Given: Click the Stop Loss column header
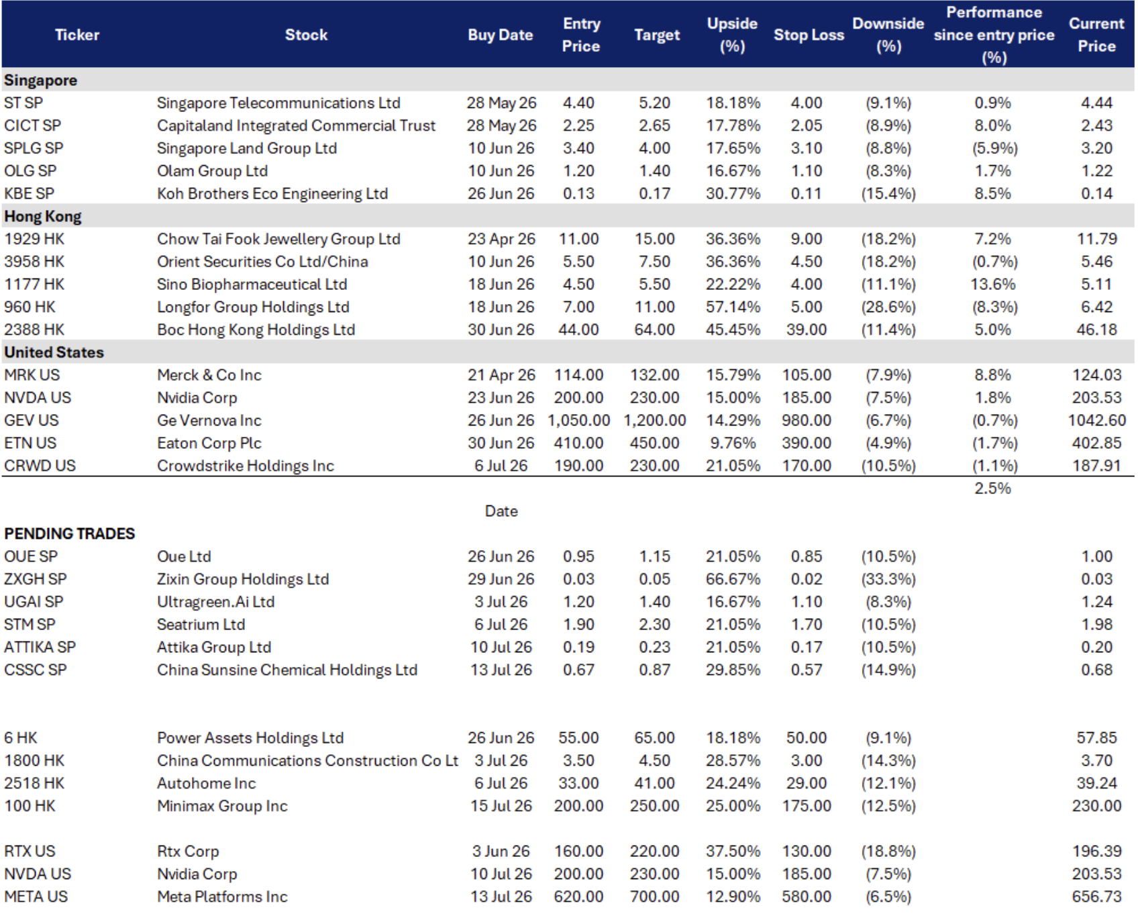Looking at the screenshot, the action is click(809, 35).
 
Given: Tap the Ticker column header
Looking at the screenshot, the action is click(77, 35).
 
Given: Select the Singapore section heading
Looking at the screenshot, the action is click(40, 81).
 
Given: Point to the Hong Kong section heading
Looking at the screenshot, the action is click(43, 217).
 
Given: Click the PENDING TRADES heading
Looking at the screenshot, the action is click(70, 534).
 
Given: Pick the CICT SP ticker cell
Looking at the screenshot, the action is click(32, 125).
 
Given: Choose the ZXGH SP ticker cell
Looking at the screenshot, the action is click(36, 579).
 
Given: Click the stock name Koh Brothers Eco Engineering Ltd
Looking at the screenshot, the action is click(272, 194).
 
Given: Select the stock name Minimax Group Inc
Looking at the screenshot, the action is click(222, 806).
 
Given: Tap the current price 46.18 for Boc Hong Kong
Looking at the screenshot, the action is click(1096, 329).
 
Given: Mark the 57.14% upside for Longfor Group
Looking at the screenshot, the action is click(733, 307).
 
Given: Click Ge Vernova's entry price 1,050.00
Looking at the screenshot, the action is click(578, 421).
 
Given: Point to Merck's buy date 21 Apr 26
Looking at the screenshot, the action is click(501, 375).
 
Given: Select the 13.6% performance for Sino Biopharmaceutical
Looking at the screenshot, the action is click(993, 285).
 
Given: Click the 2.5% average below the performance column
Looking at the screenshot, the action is click(993, 489).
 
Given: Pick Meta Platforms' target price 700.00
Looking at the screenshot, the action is click(654, 897).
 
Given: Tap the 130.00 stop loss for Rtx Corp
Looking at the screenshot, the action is click(807, 851).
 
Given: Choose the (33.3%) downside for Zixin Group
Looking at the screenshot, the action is click(888, 579).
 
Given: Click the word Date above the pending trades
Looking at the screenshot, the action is click(501, 511).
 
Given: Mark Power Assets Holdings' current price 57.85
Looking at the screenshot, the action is click(1096, 738).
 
